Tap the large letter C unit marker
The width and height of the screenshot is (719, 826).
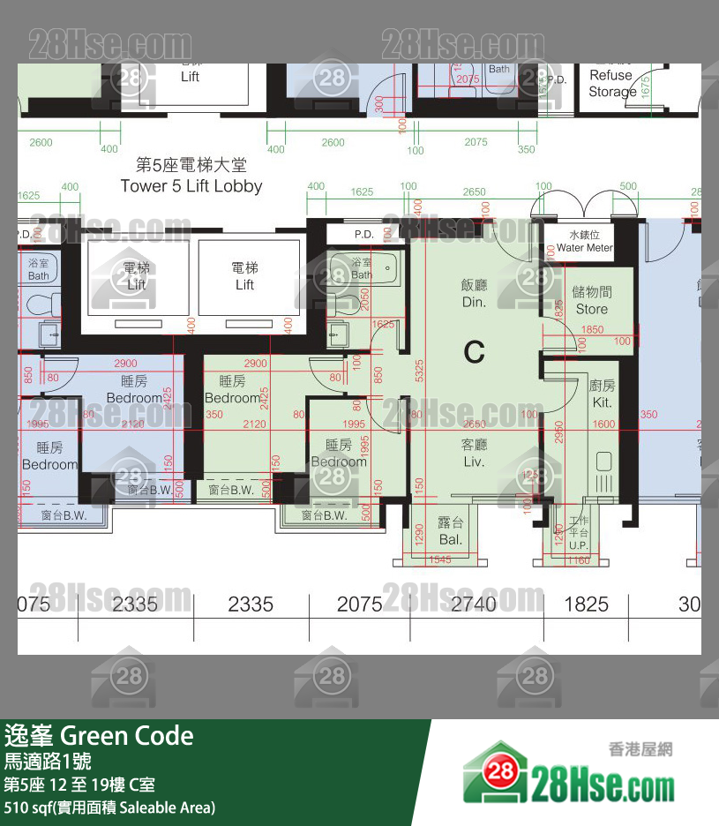(475, 352)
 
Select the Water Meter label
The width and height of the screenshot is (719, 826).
(584, 242)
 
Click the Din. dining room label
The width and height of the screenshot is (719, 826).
(474, 293)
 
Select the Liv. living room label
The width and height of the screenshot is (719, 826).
(474, 454)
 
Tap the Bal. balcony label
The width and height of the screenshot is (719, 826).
(451, 531)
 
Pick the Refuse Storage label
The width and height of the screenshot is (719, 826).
(611, 83)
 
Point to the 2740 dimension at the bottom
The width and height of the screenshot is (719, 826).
(475, 604)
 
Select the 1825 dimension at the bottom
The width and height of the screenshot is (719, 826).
(586, 604)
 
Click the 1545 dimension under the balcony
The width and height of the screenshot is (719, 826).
(438, 560)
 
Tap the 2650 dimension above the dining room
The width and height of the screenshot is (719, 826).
(474, 191)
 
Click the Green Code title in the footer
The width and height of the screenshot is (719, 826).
(99, 736)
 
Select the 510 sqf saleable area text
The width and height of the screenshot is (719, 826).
(109, 807)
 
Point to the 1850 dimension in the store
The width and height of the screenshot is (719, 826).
(593, 330)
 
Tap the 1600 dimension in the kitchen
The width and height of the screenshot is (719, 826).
(603, 424)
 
